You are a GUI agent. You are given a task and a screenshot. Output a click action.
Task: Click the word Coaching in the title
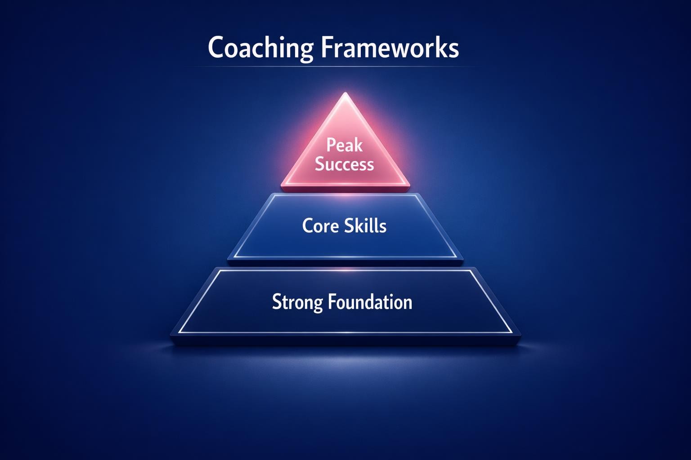pyautogui.click(x=260, y=48)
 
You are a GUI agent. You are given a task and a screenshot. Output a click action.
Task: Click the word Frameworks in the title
pyautogui.click(x=390, y=48)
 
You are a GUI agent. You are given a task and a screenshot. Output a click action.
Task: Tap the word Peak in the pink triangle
pyautogui.click(x=345, y=145)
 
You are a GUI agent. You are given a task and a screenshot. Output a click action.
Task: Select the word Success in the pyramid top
pyautogui.click(x=345, y=164)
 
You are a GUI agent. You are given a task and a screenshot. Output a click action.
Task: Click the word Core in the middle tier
pyautogui.click(x=320, y=226)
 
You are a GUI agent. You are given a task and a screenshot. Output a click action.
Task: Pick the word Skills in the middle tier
pyautogui.click(x=365, y=226)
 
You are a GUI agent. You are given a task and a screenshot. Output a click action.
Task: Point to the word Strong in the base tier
pyautogui.click(x=297, y=302)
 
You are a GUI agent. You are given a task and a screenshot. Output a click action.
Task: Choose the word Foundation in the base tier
pyautogui.click(x=370, y=302)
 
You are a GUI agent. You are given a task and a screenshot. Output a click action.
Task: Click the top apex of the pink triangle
pyautogui.click(x=345, y=93)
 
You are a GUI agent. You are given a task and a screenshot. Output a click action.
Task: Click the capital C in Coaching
pyautogui.click(x=217, y=48)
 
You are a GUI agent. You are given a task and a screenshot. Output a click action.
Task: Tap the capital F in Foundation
pyautogui.click(x=332, y=301)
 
